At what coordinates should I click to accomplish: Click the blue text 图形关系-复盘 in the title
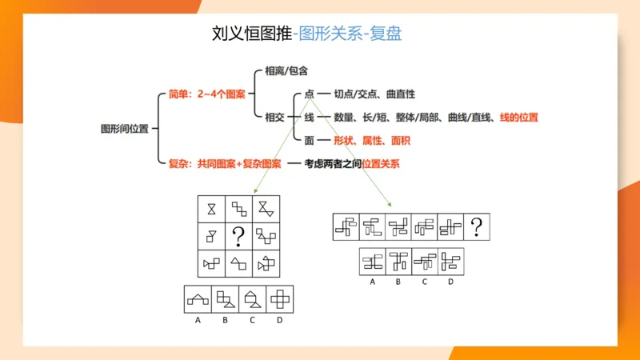pos(348,33)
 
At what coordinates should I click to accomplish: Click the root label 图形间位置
pos(124,128)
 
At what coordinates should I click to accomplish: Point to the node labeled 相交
pos(274,117)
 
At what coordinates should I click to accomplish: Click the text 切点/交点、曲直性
pos(374,94)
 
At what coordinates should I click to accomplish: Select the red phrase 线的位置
pos(518,118)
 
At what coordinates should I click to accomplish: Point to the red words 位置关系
pos(381,164)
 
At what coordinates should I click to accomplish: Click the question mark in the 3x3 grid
pos(238,235)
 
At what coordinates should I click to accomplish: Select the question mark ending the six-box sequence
pos(476,228)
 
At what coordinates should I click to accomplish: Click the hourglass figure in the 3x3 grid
pos(211,208)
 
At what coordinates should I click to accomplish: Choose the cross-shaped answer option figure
pos(280,299)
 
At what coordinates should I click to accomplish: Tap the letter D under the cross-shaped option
pos(279,320)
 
